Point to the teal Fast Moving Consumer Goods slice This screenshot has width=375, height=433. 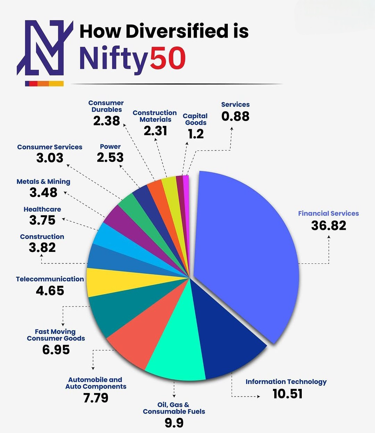pos(118,313)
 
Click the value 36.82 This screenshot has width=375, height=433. pos(328,226)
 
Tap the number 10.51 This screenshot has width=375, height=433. pos(287,394)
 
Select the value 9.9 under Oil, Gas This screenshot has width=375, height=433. pos(174,423)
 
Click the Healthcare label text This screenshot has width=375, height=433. pos(42,209)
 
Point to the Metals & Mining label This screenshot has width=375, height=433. pos(43,181)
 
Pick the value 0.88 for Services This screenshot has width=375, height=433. pos(235,116)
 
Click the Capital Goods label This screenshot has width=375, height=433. pos(195,119)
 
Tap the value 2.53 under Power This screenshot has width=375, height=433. pos(110,157)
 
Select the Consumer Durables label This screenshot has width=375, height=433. pos(106,106)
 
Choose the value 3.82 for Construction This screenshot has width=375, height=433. pos(42,247)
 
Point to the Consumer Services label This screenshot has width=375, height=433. pos(50,147)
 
